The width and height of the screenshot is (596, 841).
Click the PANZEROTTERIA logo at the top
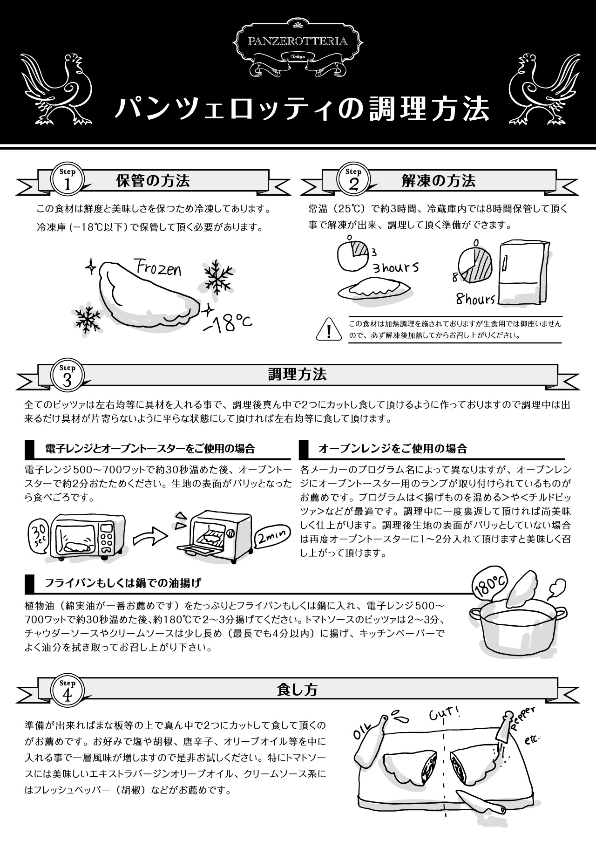[298, 47]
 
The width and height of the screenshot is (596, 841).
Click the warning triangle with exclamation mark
[329, 330]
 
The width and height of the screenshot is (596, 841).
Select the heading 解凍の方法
[438, 181]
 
